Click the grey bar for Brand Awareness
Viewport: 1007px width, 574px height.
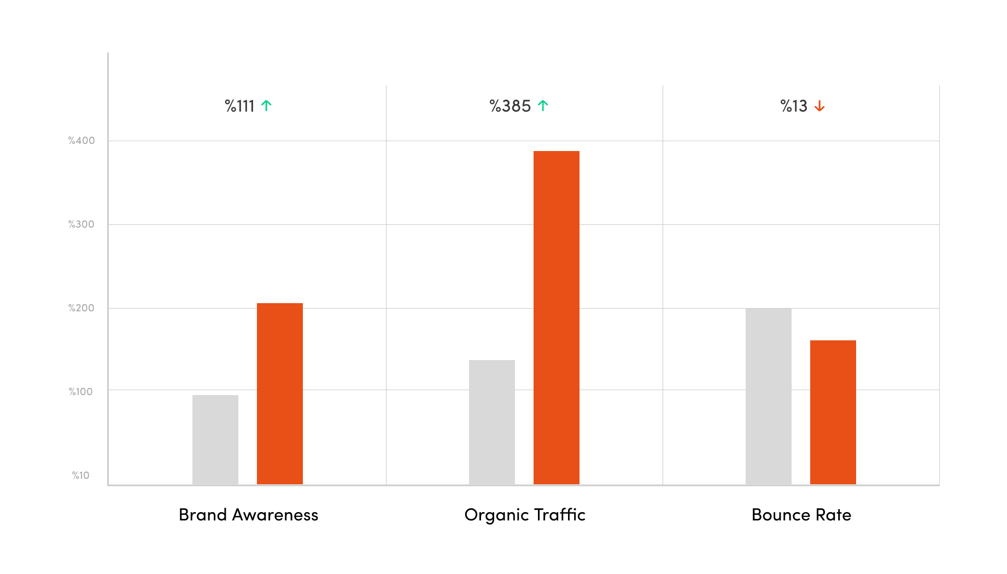[x=215, y=439]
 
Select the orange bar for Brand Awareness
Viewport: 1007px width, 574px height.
[x=280, y=393]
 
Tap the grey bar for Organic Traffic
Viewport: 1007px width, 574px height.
[x=492, y=422]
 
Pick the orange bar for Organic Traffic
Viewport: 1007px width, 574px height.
[x=557, y=317]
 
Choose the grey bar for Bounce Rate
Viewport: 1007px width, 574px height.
[x=769, y=396]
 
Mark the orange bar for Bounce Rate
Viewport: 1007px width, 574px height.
[x=833, y=412]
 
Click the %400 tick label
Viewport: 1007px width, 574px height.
[x=81, y=141]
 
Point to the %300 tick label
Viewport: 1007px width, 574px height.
[x=81, y=224]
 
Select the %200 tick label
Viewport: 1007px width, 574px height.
[x=81, y=308]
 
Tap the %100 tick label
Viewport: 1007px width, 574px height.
[x=81, y=392]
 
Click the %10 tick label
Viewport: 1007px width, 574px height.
[x=81, y=476]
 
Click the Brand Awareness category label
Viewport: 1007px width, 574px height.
[x=248, y=515]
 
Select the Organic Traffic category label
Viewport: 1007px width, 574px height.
[x=525, y=515]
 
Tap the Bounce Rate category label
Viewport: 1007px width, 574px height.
[x=801, y=515]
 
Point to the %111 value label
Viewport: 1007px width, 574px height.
[x=240, y=106]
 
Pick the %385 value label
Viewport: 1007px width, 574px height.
[x=510, y=106]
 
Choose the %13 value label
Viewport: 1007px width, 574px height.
[x=794, y=106]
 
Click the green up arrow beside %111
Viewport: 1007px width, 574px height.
[x=266, y=106]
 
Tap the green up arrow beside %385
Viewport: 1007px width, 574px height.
[x=543, y=106]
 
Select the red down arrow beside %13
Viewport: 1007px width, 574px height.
[x=819, y=106]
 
